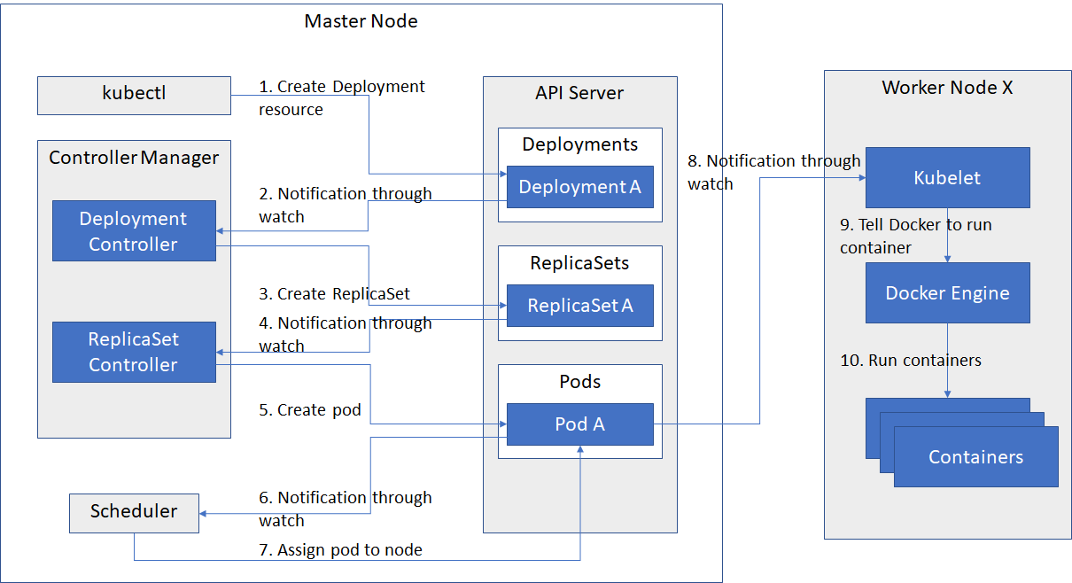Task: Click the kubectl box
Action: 134,96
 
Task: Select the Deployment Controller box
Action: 134,230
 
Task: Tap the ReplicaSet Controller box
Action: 134,352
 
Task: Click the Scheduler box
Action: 134,513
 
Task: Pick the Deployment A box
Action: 580,187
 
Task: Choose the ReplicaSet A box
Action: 580,306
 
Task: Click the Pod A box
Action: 580,424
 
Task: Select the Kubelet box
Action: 948,177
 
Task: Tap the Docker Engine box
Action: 948,292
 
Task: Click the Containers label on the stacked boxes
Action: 975,457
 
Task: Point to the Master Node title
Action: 361,21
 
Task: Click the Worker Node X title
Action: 948,88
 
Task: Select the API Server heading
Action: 579,93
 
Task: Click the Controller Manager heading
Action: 134,158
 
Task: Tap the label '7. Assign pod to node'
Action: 340,550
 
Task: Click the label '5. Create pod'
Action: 310,410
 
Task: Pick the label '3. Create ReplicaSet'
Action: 334,293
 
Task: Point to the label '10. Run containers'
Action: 911,360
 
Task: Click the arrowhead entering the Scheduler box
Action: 203,514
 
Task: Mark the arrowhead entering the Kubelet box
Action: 862,177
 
